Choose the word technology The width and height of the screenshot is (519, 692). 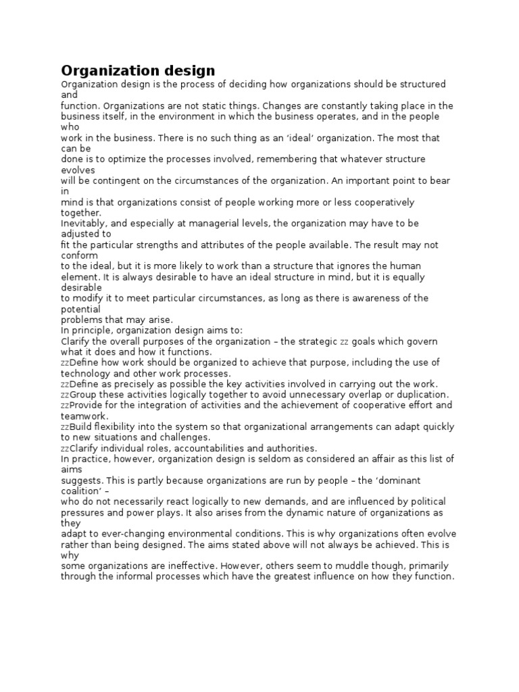click(x=86, y=373)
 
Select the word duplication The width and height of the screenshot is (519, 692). click(x=419, y=395)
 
